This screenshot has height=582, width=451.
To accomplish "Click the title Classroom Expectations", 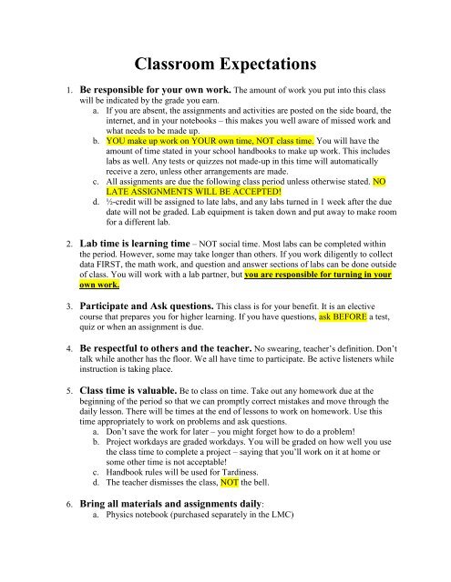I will (225, 65).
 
